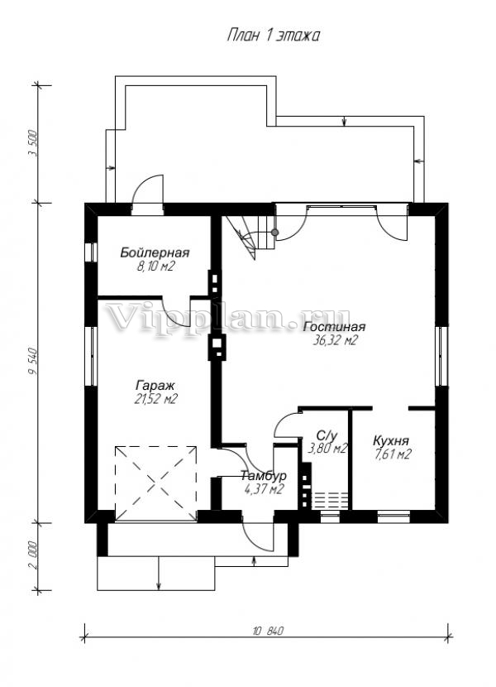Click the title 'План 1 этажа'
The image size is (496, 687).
pos(273,36)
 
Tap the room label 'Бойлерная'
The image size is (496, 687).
pos(155,252)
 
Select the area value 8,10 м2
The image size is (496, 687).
pos(156,266)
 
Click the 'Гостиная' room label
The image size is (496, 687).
pos(334,327)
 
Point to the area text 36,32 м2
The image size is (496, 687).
pos(335,340)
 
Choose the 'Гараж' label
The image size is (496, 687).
pos(155,386)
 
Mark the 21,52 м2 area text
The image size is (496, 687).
pos(155,399)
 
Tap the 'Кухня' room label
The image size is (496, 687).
pos(391,441)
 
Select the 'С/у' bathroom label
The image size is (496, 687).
pos(327,435)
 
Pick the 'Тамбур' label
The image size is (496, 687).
pos(264,476)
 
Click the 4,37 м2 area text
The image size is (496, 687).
pos(264,489)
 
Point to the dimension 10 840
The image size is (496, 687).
pos(269,632)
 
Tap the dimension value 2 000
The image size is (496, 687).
pos(32,556)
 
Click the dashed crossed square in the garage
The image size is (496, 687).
pos(155,483)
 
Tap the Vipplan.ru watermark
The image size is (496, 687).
pos(227,319)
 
